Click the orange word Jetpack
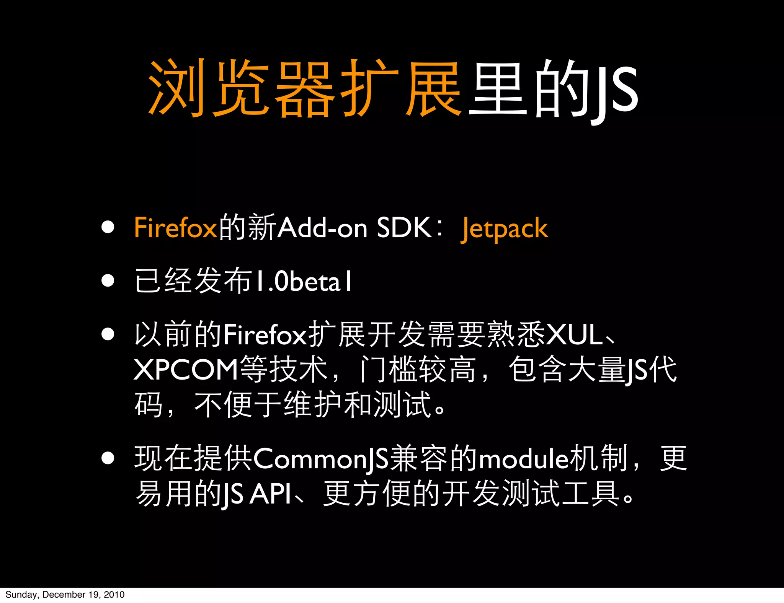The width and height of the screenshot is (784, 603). click(x=505, y=228)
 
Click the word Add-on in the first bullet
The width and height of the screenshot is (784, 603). click(x=322, y=228)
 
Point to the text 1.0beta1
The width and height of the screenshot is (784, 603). click(x=303, y=282)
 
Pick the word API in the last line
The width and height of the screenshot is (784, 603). click(x=270, y=494)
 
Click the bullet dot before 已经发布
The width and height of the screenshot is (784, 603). click(x=108, y=280)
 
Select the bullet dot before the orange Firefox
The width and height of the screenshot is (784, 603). click(x=108, y=227)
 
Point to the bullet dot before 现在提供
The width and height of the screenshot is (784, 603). click(x=108, y=458)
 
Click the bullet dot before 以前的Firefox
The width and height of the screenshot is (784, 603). click(x=108, y=334)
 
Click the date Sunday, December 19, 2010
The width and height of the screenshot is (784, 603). click(x=65, y=595)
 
